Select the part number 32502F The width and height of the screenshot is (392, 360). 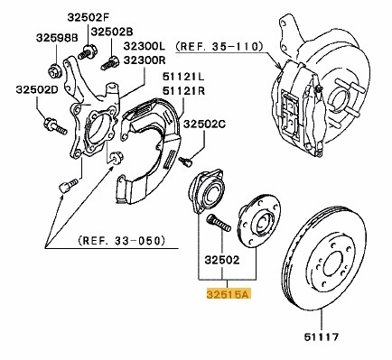coord(88,18)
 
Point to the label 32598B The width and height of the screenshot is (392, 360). coord(57,38)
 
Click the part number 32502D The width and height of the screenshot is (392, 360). coord(37,89)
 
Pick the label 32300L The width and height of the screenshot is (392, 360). coord(145,46)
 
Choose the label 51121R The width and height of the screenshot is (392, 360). coord(184,90)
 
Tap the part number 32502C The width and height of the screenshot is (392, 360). coord(205,125)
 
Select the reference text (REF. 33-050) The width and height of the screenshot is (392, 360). coord(122,241)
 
